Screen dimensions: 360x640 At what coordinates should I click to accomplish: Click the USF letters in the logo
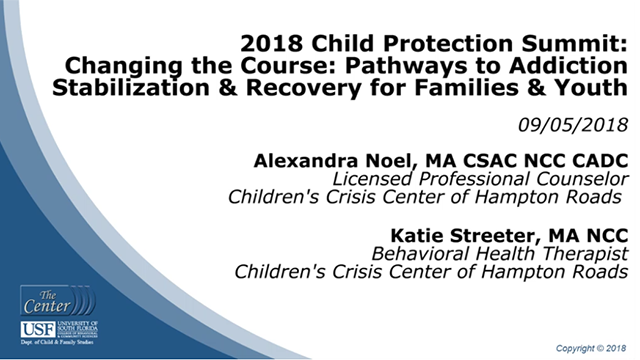[34, 329]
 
